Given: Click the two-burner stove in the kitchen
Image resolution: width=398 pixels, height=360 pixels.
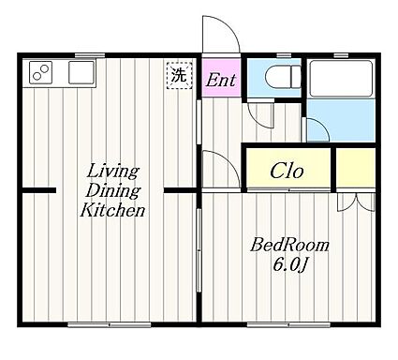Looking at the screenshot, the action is click(x=40, y=72).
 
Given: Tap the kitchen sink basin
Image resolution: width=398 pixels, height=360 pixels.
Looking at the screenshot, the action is click(x=81, y=72).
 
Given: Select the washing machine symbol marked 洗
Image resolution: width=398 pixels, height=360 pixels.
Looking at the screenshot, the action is click(x=179, y=76).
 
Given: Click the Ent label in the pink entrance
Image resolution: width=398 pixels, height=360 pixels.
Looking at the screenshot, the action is click(x=221, y=80).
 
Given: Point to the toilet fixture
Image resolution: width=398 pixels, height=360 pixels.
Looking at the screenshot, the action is click(x=283, y=76).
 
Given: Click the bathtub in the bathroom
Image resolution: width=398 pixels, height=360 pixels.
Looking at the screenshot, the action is click(x=342, y=79).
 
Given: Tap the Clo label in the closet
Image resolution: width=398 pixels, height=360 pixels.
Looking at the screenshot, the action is click(x=287, y=171).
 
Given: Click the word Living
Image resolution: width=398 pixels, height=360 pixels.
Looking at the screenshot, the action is click(x=112, y=172).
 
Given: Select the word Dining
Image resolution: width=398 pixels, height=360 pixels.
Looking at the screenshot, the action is click(x=113, y=190).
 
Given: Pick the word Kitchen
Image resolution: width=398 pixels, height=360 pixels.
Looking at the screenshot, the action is click(x=112, y=210).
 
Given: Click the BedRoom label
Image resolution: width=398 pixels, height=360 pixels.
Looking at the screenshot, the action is click(x=289, y=245).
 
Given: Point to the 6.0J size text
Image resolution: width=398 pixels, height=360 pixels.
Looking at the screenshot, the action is click(x=290, y=265).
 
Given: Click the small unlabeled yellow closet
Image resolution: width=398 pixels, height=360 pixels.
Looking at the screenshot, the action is click(x=356, y=168).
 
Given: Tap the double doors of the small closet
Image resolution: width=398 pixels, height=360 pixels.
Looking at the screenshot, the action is click(x=356, y=202).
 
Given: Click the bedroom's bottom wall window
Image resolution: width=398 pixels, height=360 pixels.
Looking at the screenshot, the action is click(x=288, y=325).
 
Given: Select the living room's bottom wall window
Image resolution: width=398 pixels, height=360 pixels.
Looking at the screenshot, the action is click(x=110, y=325).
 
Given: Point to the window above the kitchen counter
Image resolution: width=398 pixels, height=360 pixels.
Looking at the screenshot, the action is click(x=90, y=55).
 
